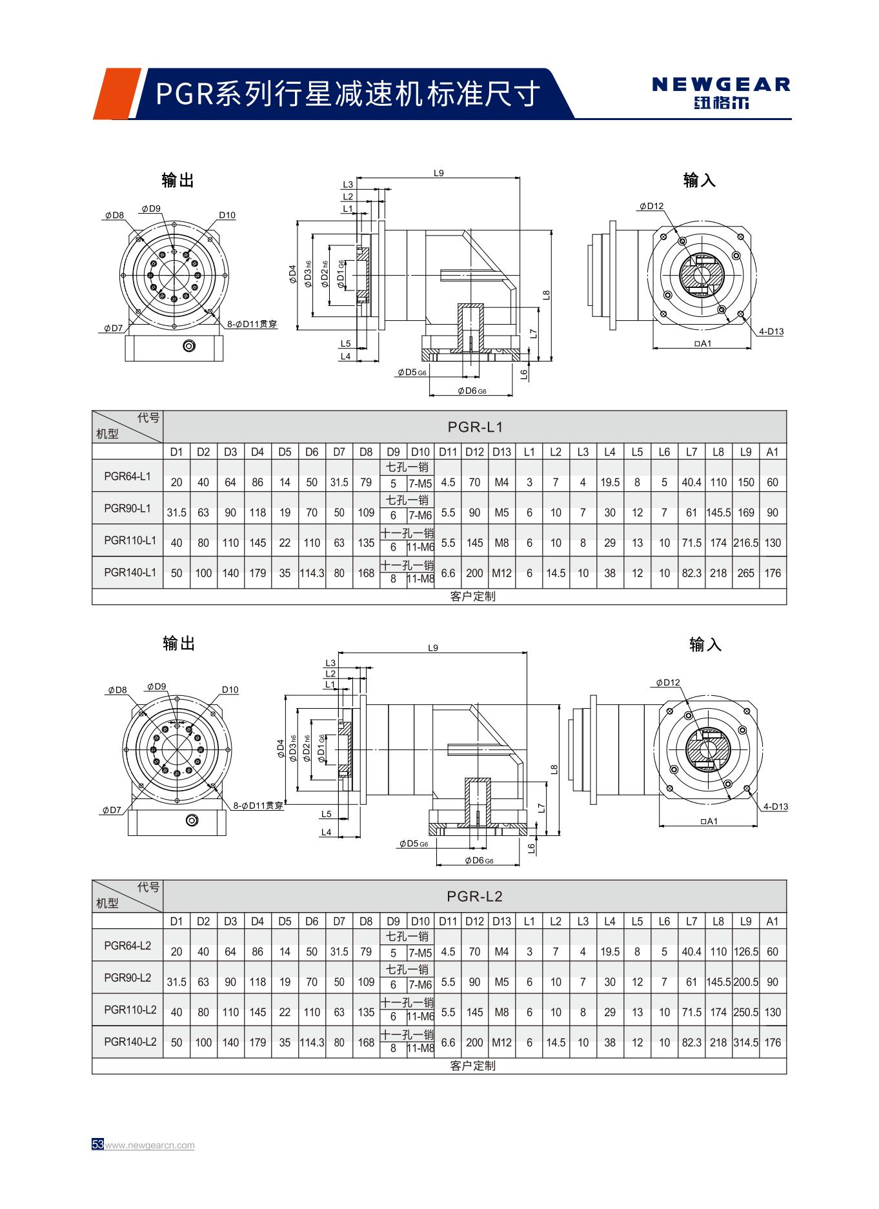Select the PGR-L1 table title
click(475, 427)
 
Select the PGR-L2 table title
click(475, 896)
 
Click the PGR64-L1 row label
click(127, 476)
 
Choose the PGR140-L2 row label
click(130, 1041)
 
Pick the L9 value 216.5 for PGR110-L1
click(745, 543)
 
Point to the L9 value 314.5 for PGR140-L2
click(745, 1042)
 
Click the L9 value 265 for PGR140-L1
click(745, 573)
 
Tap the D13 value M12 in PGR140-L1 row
click(501, 573)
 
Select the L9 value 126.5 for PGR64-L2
click(745, 951)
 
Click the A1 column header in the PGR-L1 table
click(773, 452)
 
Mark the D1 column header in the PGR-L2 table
click(176, 921)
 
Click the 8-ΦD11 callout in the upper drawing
click(252, 324)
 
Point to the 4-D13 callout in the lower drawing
click(775, 806)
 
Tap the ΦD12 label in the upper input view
click(652, 206)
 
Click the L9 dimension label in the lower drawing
click(433, 647)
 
